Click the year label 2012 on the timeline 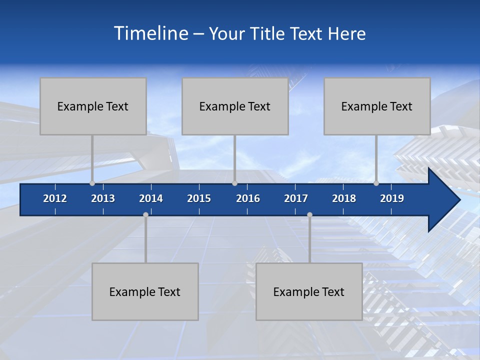[x=55, y=198]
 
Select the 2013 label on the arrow [x=103, y=198]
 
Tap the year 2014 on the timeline [x=151, y=198]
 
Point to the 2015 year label [x=199, y=198]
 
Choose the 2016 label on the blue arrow [x=248, y=198]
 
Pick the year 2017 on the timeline [x=296, y=198]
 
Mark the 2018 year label [x=344, y=198]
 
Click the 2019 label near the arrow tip [x=392, y=198]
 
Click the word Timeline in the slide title [x=150, y=33]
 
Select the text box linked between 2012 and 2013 [x=93, y=106]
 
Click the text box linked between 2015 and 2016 [x=235, y=106]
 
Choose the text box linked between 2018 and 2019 [x=377, y=106]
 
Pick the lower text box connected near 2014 [x=145, y=291]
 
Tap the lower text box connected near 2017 [x=309, y=291]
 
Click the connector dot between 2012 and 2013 [x=92, y=183]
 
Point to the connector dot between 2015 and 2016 [x=234, y=183]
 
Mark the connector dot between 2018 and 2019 [x=376, y=183]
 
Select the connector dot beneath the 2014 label [x=145, y=215]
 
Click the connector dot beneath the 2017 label [x=309, y=215]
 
